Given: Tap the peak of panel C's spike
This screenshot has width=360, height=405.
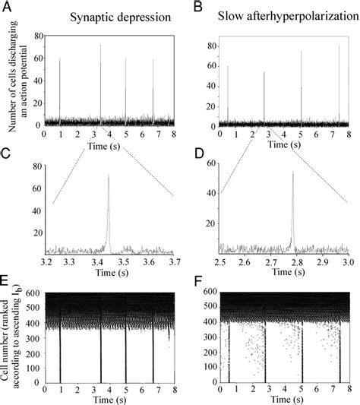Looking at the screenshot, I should point(109,175).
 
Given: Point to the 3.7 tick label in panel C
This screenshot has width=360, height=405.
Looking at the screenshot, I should point(172,262).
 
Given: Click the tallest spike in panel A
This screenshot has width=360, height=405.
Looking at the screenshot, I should point(100,46).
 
